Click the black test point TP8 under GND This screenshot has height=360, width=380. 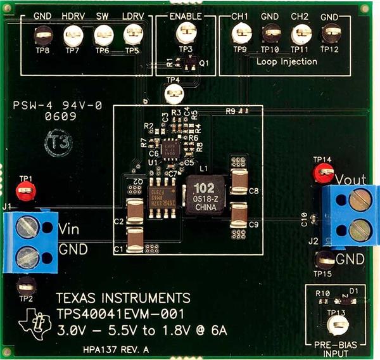tap(42, 34)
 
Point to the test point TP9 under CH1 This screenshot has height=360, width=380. tap(240, 32)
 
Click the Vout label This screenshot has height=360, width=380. tap(350, 179)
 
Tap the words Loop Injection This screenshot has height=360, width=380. tap(287, 61)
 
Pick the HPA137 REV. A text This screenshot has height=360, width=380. tap(116, 349)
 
